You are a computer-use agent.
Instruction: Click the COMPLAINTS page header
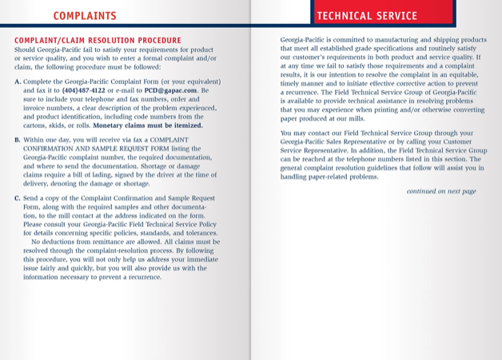[84, 15]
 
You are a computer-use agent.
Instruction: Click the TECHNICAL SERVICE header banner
[367, 16]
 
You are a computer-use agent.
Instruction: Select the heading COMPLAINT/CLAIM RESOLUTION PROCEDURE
[98, 40]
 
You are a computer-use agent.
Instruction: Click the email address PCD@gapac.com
[169, 90]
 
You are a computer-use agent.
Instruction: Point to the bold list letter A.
[18, 82]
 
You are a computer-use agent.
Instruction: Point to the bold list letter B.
[18, 140]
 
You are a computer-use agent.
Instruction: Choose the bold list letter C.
[18, 198]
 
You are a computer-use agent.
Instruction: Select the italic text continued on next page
[441, 191]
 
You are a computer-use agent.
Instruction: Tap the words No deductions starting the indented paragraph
[57, 241]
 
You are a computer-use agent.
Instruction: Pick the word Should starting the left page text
[26, 50]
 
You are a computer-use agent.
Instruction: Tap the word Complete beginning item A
[40, 82]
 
